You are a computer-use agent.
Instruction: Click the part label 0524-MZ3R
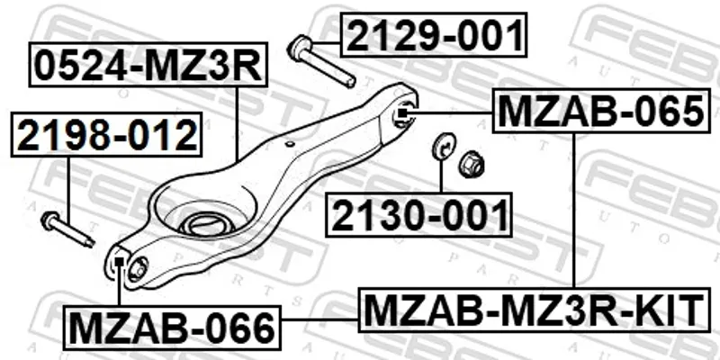coord(148,65)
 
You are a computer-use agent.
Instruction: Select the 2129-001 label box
coord(434,35)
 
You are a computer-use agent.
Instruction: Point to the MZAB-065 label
coord(601,111)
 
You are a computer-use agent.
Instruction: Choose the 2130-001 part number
coord(418,215)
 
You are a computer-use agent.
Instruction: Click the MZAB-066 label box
coord(172,328)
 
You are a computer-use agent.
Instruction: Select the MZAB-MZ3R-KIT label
coord(534,310)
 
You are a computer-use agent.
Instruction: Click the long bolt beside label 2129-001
coord(321,61)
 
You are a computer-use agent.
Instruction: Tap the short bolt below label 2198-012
coord(67,229)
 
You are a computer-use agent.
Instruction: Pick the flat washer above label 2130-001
coord(443,146)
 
